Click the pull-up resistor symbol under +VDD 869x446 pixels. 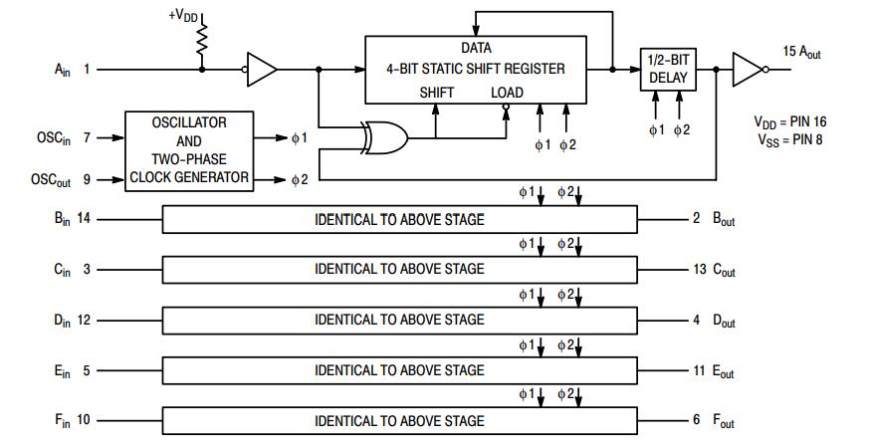tap(202, 41)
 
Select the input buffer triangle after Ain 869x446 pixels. tap(262, 70)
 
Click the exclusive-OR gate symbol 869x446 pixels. tap(384, 138)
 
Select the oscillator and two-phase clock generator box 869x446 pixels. tap(188, 150)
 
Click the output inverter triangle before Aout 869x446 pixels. tap(747, 70)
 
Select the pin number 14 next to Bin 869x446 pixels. tap(84, 218)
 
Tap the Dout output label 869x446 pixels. tap(724, 321)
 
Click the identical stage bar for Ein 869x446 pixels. tap(399, 370)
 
